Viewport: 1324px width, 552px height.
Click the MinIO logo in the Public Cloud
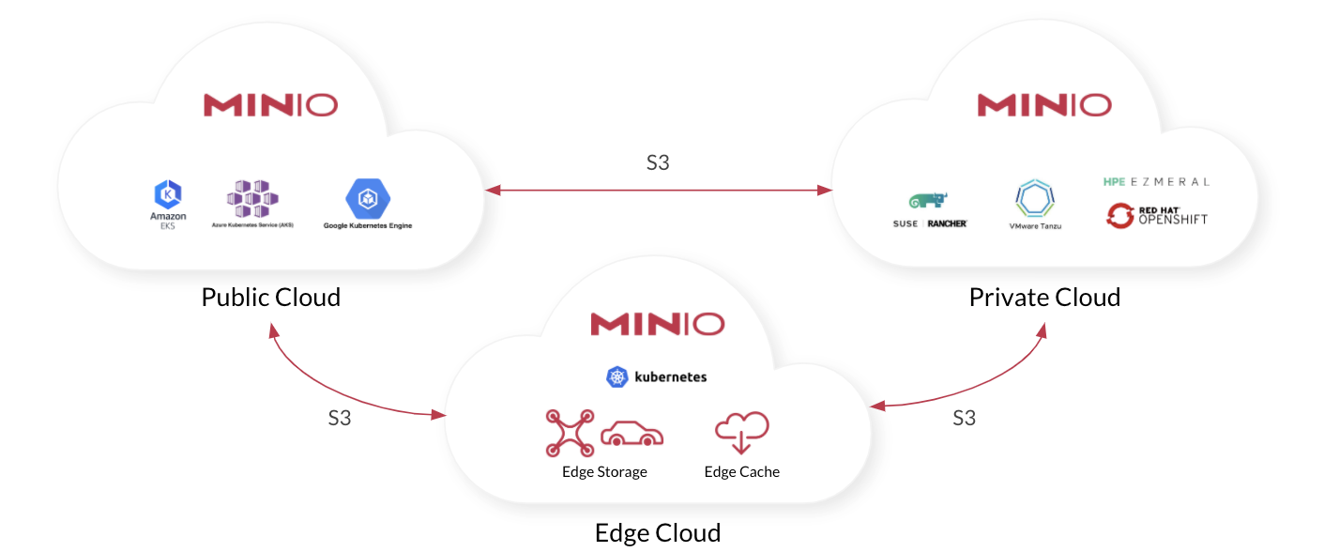pos(270,104)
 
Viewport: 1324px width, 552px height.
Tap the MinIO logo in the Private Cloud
pos(1044,104)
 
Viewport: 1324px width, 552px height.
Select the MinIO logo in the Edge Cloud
pos(657,324)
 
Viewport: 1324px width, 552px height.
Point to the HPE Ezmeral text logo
pos(1156,181)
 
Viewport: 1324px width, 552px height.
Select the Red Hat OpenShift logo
pos(1156,216)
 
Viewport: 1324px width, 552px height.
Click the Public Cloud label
pos(270,298)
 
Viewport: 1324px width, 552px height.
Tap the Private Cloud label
pos(1044,298)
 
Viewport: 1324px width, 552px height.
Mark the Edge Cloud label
pos(657,533)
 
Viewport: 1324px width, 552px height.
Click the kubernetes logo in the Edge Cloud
pos(657,377)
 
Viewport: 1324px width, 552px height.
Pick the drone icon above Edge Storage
pos(570,432)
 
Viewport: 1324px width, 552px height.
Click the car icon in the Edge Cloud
pos(632,434)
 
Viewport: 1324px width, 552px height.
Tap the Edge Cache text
pos(741,471)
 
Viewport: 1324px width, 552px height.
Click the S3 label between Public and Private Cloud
pos(658,162)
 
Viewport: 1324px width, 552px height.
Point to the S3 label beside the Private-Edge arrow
pos(964,418)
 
